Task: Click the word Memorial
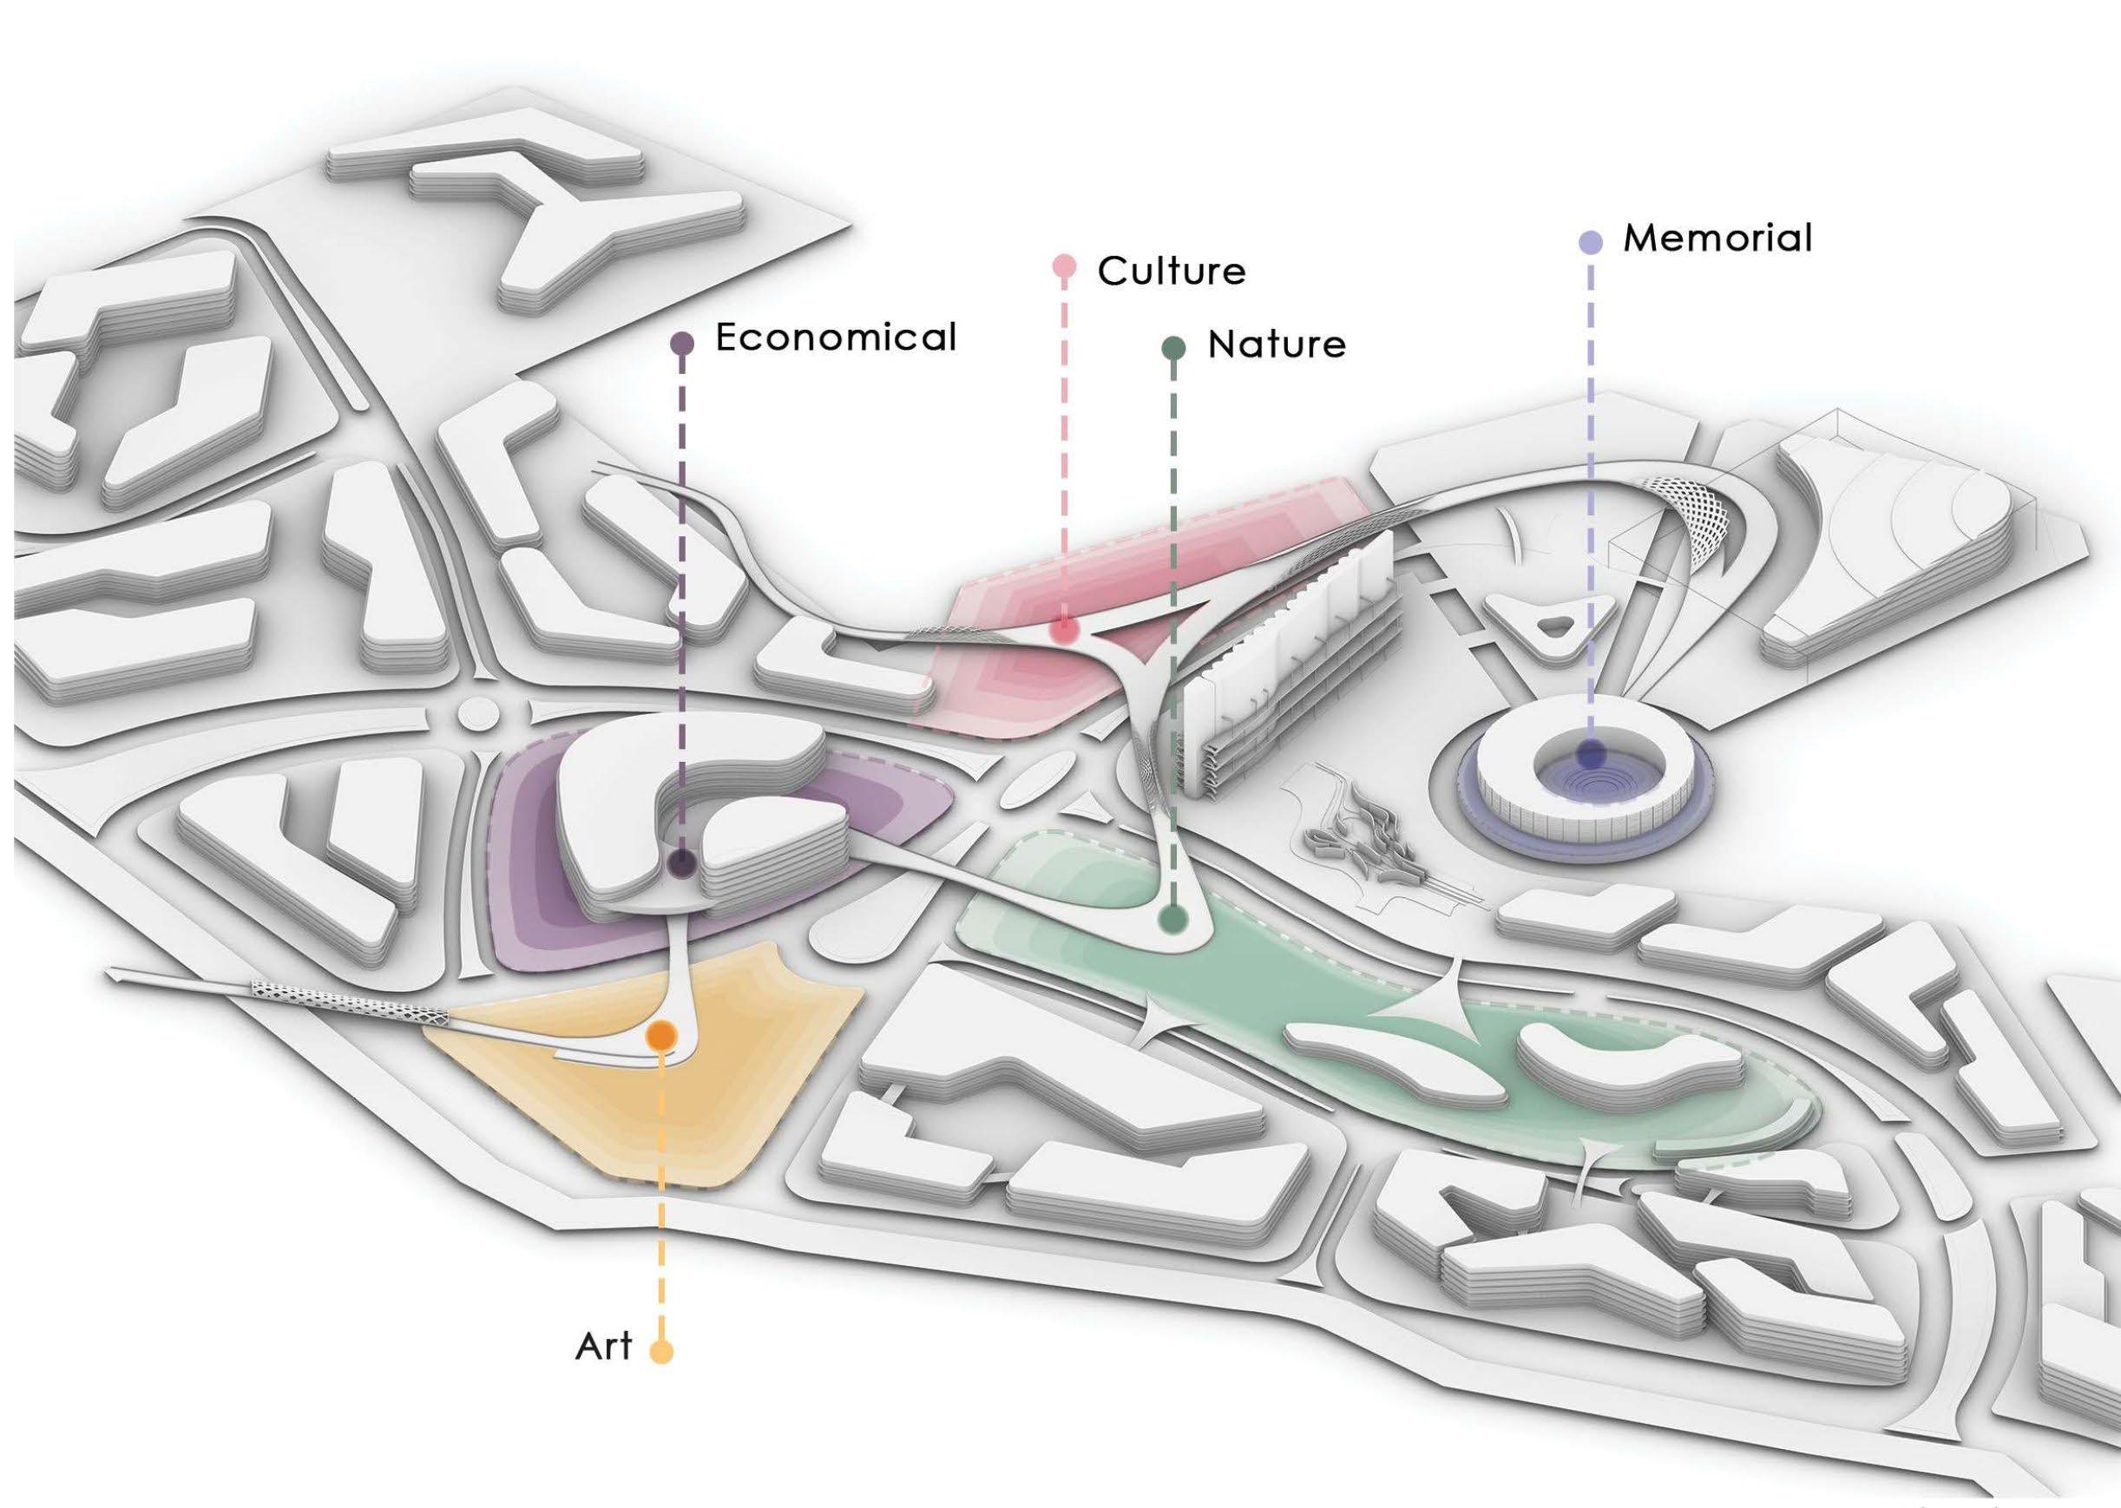[1717, 239]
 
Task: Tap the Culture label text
[1171, 271]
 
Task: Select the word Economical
[835, 337]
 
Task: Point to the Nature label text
[1276, 345]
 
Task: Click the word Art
[604, 1347]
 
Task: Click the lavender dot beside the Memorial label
[1591, 243]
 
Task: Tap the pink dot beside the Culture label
[1063, 267]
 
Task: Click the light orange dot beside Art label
[660, 1350]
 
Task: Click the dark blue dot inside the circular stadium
[1593, 754]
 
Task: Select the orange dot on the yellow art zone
[660, 1035]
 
